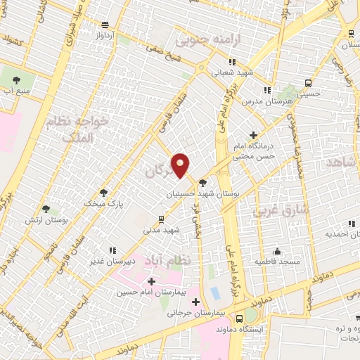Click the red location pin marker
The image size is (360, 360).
point(181,164)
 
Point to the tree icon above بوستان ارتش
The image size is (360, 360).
point(46,209)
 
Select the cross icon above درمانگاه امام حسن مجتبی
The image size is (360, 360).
point(254,135)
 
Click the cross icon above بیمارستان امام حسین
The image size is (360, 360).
point(152,281)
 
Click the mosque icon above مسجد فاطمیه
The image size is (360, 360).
point(279,251)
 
